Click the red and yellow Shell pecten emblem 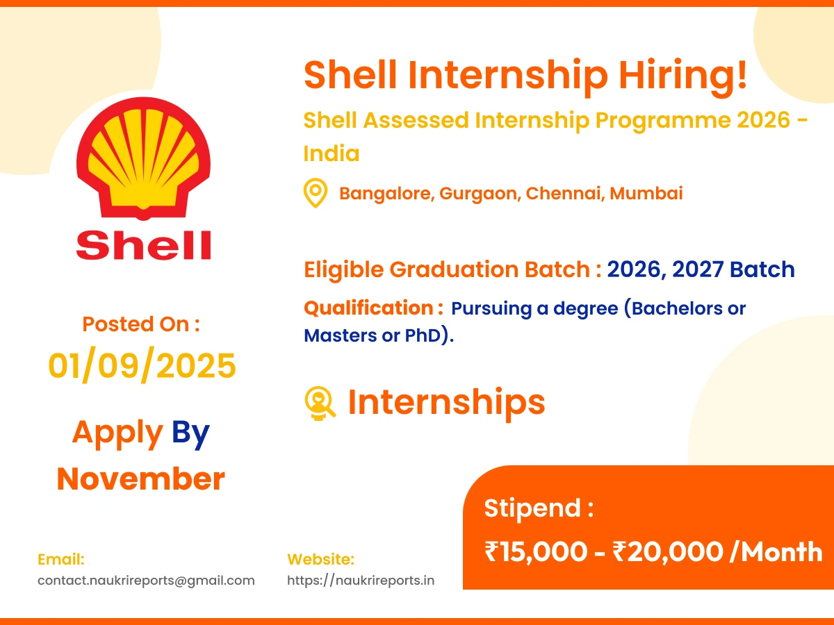(143, 158)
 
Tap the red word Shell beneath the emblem (143, 245)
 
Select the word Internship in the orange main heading (508, 75)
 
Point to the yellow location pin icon (316, 193)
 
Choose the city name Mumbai (646, 193)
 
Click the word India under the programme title (332, 153)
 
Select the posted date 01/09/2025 (142, 365)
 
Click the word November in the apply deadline (141, 479)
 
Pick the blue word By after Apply (190, 433)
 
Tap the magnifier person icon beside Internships (320, 403)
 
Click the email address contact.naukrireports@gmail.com (146, 581)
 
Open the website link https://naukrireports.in (361, 581)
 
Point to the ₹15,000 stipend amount (535, 551)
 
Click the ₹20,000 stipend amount (668, 551)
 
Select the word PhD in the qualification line (423, 335)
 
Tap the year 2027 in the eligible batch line (698, 269)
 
